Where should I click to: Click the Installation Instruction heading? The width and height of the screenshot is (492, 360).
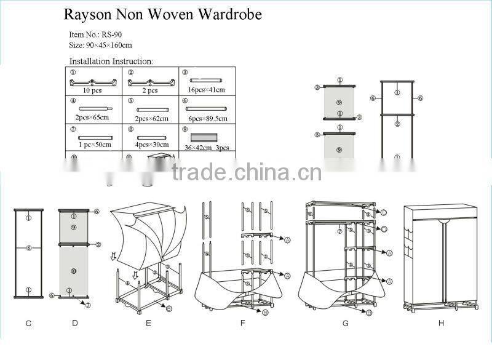pos(111,61)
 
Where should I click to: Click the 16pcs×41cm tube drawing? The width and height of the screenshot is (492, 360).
pos(207,81)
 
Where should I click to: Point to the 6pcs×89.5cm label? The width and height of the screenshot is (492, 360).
pos(207,119)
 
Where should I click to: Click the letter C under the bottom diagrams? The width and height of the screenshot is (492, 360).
pos(29,323)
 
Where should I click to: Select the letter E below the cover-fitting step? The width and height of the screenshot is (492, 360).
pos(148,323)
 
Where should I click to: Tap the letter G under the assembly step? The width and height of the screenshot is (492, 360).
pos(346,323)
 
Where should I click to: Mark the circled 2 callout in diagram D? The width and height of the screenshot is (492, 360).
pos(97,244)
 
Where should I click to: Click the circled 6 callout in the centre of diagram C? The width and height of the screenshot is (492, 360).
pos(28,249)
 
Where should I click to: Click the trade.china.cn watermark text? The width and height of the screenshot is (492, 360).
pos(246,173)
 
